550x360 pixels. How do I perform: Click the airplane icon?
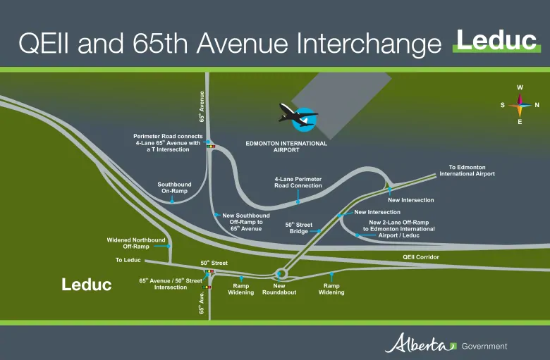[x=298, y=115]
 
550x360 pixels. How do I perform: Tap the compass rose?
[x=520, y=105]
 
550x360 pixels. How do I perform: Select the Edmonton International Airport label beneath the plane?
[x=286, y=147]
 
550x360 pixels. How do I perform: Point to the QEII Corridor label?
[x=420, y=257]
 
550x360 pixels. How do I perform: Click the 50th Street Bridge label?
[x=298, y=228]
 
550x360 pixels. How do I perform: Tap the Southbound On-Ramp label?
[x=174, y=187]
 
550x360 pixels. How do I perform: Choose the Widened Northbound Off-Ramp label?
[x=136, y=243]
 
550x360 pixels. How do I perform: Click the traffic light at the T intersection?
[x=210, y=146]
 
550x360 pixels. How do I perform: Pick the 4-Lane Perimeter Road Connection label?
[x=298, y=182]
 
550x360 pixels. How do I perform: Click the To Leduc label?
[x=128, y=260]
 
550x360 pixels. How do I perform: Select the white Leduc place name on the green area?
[x=87, y=285]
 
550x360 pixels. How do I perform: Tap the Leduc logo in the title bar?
[x=496, y=41]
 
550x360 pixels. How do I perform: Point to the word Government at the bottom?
[x=484, y=347]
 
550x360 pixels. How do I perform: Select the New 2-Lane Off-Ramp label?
[x=399, y=229]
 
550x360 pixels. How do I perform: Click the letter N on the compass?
[x=537, y=105]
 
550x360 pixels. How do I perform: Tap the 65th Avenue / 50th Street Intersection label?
[x=171, y=284]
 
